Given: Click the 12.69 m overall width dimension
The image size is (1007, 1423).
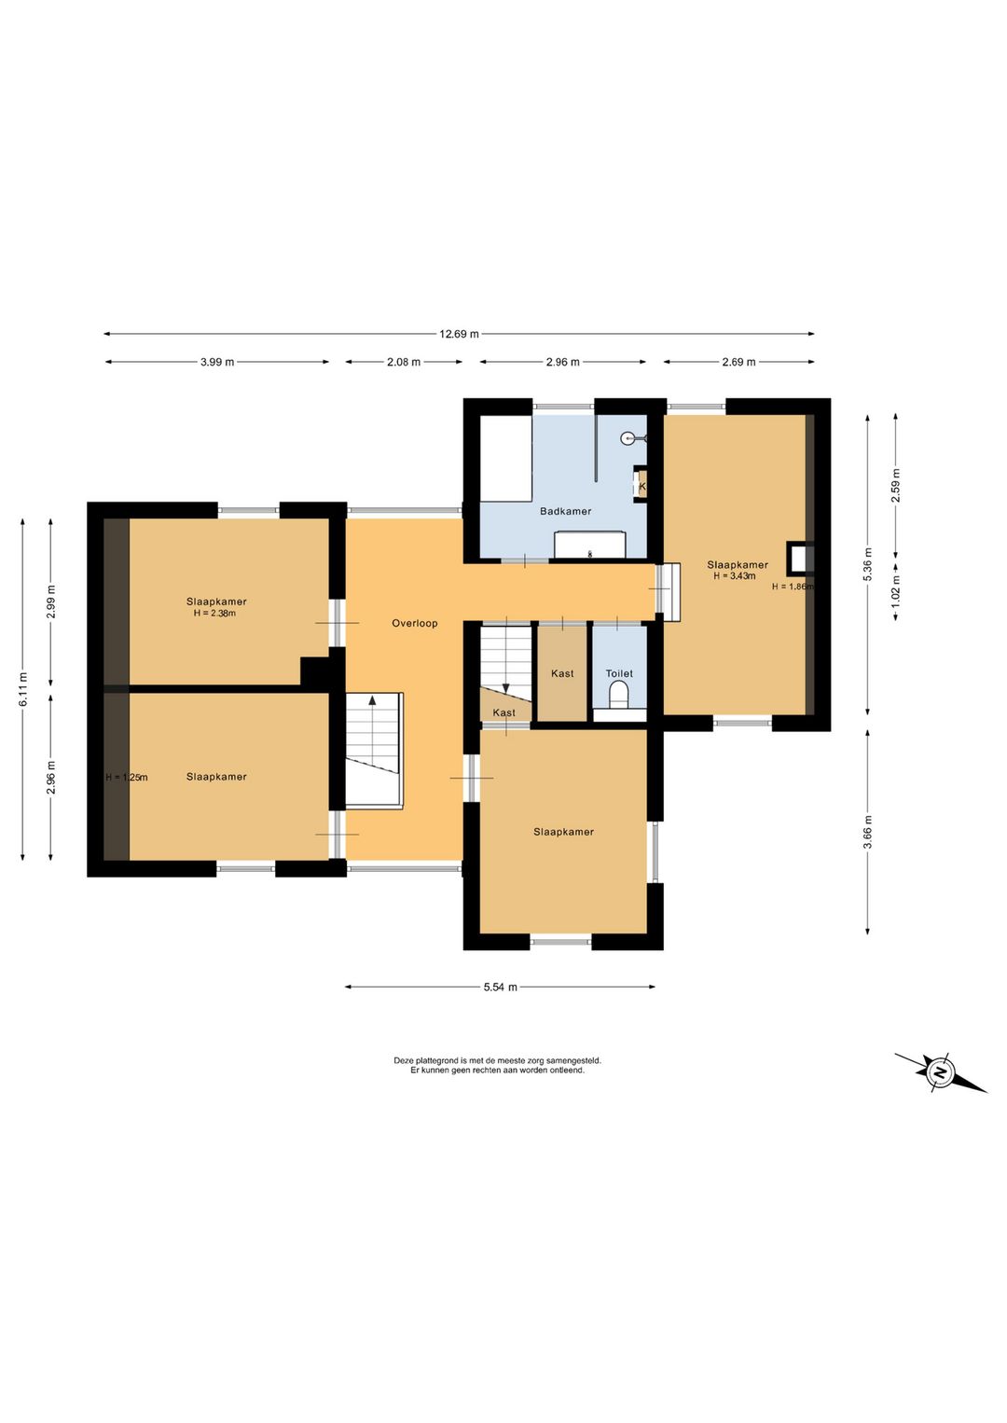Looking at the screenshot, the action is tap(459, 334).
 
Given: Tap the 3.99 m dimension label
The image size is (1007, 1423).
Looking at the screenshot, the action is tap(217, 362).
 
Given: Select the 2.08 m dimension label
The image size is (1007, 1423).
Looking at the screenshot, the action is tap(404, 362).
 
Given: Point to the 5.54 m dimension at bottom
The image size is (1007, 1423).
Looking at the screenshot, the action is tap(500, 987).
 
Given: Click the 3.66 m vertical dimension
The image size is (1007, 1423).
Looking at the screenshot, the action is tap(868, 831).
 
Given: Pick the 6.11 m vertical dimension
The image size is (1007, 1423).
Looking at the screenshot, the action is tap(23, 689).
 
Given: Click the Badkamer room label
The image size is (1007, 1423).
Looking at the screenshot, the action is tap(565, 511).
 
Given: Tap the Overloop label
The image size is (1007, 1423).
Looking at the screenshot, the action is tap(414, 623).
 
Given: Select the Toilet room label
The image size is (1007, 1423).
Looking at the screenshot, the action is tap(619, 673).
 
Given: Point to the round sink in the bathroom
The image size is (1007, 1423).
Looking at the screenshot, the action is tap(628, 437).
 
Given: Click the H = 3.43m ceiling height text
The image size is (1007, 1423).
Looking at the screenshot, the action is tap(735, 576).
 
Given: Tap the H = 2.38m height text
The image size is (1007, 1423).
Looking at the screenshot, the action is tap(214, 613).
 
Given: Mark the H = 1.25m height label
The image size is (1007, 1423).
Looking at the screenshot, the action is tap(127, 777).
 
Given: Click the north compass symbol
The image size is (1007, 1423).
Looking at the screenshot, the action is tap(940, 1073).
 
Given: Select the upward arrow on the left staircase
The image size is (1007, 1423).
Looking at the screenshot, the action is tap(372, 699).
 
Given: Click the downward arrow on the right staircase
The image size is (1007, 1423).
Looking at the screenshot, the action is tap(505, 688).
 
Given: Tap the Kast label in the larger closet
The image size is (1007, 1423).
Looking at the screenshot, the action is tap(562, 673).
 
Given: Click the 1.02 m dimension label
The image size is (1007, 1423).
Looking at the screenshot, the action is tap(896, 591).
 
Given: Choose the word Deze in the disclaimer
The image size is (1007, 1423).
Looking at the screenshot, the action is tap(404, 1060).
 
